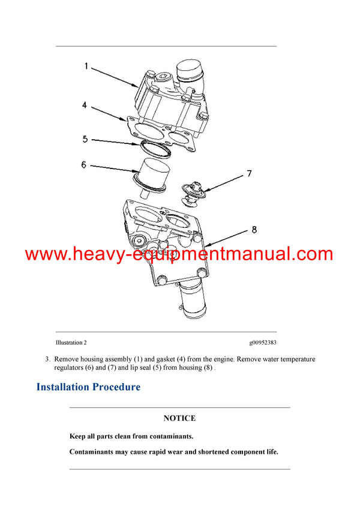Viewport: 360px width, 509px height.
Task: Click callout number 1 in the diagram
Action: point(85,67)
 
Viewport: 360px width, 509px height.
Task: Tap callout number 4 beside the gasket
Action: point(85,105)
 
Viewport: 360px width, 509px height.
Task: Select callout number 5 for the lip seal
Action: point(85,139)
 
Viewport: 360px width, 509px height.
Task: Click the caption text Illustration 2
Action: point(71,342)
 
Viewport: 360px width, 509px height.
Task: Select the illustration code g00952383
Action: point(263,342)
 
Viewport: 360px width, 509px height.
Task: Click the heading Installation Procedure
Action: point(88,387)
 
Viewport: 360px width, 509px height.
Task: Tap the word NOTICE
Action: point(179,418)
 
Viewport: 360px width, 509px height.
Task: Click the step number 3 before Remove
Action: point(47,359)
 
